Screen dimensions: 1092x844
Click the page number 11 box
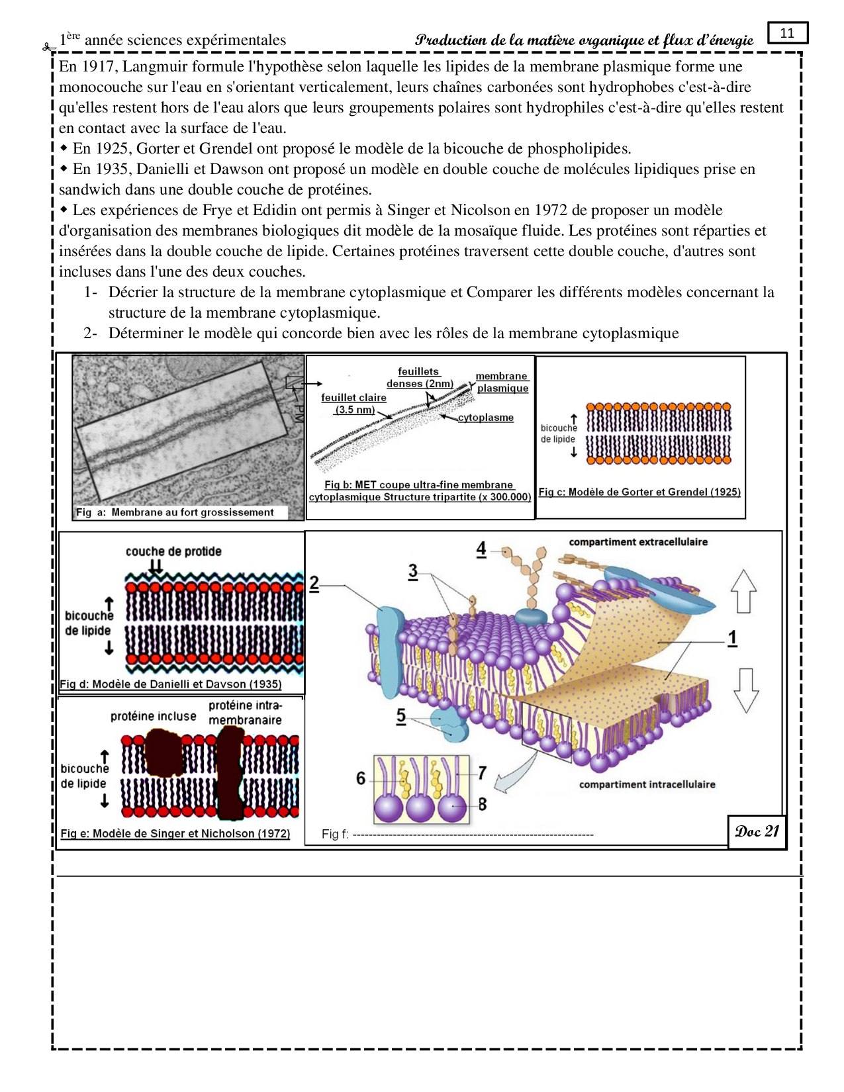pos(787,33)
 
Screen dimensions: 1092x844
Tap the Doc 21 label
pos(757,832)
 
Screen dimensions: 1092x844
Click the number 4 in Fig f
pos(481,549)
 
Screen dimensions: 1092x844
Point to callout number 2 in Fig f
pos(314,584)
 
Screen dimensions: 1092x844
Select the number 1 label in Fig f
pos(732,638)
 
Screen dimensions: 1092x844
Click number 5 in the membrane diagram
pos(401,715)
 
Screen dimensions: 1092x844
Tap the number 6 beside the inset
pos(361,778)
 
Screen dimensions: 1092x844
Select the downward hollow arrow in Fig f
pos(746,690)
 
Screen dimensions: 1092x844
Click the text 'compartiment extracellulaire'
pos(638,542)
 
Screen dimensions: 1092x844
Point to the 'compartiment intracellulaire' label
pos(647,784)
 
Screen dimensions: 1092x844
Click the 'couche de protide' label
pos(173,551)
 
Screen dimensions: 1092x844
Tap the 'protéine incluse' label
pos(154,716)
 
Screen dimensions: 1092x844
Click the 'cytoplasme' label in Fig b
pos(486,418)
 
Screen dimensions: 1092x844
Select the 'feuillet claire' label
pos(353,398)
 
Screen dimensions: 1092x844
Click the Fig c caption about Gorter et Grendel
pos(639,492)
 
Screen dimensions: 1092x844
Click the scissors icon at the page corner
pos(48,47)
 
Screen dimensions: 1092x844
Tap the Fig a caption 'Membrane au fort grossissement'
pos(175,512)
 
